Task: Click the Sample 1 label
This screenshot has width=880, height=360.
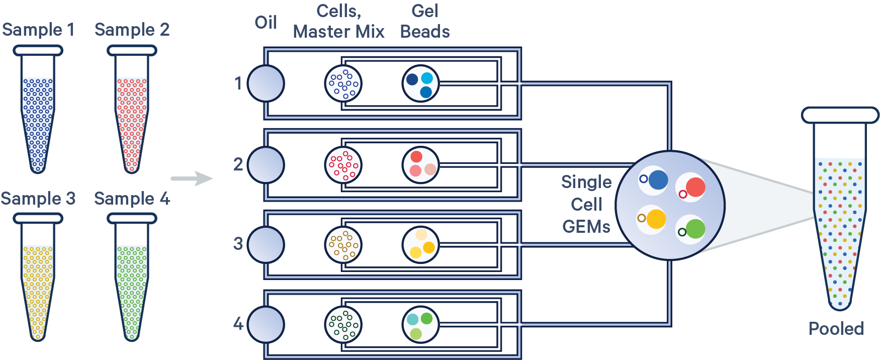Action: [x=38, y=30]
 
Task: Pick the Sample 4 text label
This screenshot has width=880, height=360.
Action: [x=132, y=199]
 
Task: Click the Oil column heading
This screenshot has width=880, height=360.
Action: [x=266, y=23]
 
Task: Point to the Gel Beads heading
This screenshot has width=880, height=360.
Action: [x=424, y=22]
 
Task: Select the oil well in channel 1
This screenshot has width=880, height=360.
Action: [x=266, y=83]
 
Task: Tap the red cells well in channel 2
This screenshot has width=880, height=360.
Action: [x=343, y=164]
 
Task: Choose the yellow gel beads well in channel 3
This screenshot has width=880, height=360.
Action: [x=420, y=245]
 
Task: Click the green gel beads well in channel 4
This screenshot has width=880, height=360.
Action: [x=420, y=325]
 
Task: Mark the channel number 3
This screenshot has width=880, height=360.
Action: [x=238, y=244]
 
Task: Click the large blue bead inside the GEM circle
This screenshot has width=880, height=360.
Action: [x=658, y=179]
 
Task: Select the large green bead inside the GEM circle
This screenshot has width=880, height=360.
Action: [x=695, y=229]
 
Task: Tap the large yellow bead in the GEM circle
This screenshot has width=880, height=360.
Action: [x=656, y=219]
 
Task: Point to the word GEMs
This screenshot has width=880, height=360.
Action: [x=586, y=227]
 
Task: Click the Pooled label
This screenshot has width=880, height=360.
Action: [x=836, y=329]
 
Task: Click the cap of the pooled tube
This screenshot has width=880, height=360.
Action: [x=840, y=115]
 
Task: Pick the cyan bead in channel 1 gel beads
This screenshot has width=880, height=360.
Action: [x=427, y=78]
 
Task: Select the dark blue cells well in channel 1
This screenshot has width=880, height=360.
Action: [x=343, y=83]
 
